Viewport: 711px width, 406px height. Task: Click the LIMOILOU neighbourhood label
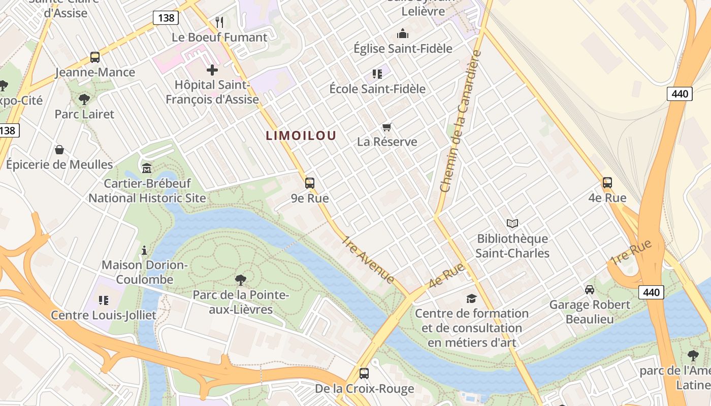point(301,136)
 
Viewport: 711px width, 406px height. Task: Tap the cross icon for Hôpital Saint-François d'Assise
point(212,70)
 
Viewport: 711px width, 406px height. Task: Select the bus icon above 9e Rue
point(310,183)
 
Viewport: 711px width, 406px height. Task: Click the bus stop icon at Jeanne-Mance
point(95,57)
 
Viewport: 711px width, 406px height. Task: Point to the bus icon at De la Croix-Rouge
point(364,374)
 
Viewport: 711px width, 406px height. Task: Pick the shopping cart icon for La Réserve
point(387,127)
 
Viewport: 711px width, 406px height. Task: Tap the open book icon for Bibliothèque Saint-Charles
point(512,223)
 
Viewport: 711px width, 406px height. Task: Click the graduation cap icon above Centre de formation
point(472,298)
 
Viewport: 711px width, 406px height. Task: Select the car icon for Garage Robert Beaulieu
point(590,290)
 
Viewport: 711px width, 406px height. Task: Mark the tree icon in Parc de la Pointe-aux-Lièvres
point(241,280)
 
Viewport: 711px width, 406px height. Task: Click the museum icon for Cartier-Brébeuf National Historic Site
point(147,168)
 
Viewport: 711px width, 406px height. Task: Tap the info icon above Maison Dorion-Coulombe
point(145,250)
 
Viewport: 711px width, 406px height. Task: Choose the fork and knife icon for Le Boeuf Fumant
point(219,22)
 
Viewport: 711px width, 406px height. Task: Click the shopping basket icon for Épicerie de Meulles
point(59,150)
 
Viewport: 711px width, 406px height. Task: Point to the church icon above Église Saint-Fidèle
point(403,34)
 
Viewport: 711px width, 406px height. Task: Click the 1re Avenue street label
point(368,259)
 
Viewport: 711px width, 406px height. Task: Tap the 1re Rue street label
point(632,253)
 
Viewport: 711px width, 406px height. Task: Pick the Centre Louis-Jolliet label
point(104,315)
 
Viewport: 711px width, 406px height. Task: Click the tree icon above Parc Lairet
point(84,99)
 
